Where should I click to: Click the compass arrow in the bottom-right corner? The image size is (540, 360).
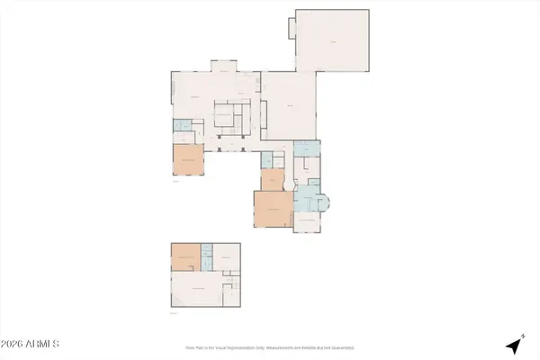(514, 345)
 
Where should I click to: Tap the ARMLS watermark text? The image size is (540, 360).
(31, 345)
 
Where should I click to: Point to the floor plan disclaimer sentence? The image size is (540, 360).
(270, 346)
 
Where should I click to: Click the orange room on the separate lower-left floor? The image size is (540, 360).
(186, 258)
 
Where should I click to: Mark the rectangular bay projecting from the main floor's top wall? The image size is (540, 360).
(222, 66)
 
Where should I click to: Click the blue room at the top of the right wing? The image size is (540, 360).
(307, 148)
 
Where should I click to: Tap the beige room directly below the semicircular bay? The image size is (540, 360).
(307, 221)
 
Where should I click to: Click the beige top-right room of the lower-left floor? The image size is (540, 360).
(229, 256)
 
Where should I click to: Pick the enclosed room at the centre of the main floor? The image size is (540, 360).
(224, 118)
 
